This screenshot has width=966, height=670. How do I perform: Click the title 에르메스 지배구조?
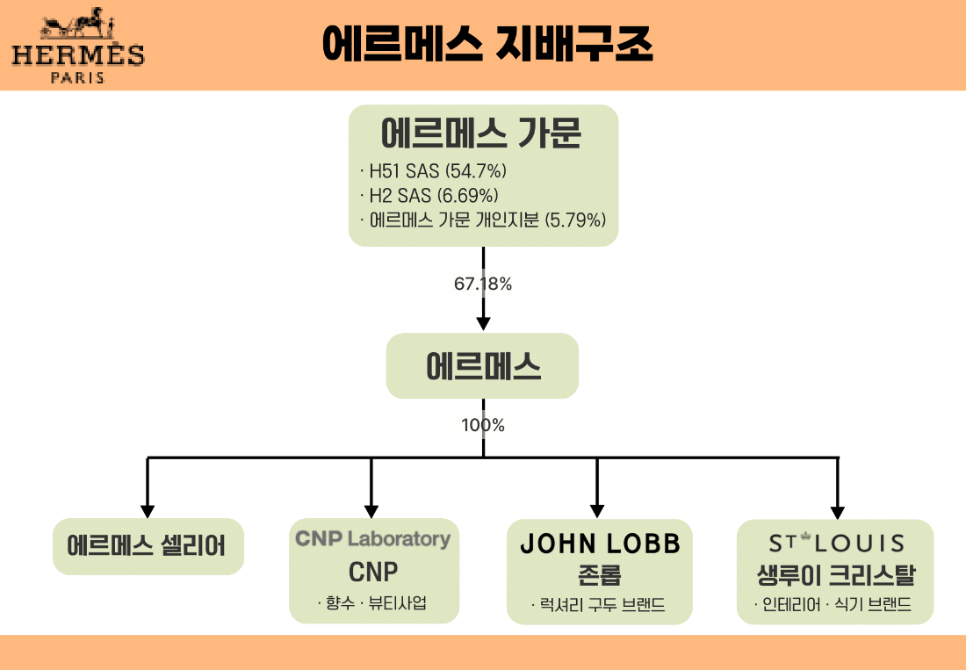coord(487,45)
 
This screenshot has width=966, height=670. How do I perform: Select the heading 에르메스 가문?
coord(482,133)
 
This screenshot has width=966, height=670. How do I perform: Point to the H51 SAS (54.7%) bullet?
coord(434,171)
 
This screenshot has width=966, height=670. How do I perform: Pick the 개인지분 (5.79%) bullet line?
coord(484,220)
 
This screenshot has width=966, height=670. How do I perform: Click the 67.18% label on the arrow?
coord(483,285)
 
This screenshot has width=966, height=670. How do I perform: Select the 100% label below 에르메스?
coord(483,425)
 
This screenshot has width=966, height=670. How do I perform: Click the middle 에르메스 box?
coord(482,365)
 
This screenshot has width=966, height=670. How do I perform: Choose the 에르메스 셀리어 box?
coord(148,546)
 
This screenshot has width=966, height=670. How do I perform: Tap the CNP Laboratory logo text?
coord(373,538)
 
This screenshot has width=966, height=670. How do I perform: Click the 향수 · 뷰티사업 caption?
coord(374,603)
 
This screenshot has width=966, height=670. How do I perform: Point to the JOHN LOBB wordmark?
coord(600,544)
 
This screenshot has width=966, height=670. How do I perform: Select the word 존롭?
coord(600,574)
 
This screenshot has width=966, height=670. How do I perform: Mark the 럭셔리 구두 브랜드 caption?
coord(599,604)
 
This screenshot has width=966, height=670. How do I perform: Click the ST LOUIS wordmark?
coord(836,544)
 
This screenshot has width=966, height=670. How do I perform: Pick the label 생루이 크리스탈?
coord(836,575)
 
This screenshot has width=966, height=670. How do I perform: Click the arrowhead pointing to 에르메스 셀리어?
coord(148,509)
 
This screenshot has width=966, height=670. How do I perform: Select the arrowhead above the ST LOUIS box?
coord(837,509)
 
